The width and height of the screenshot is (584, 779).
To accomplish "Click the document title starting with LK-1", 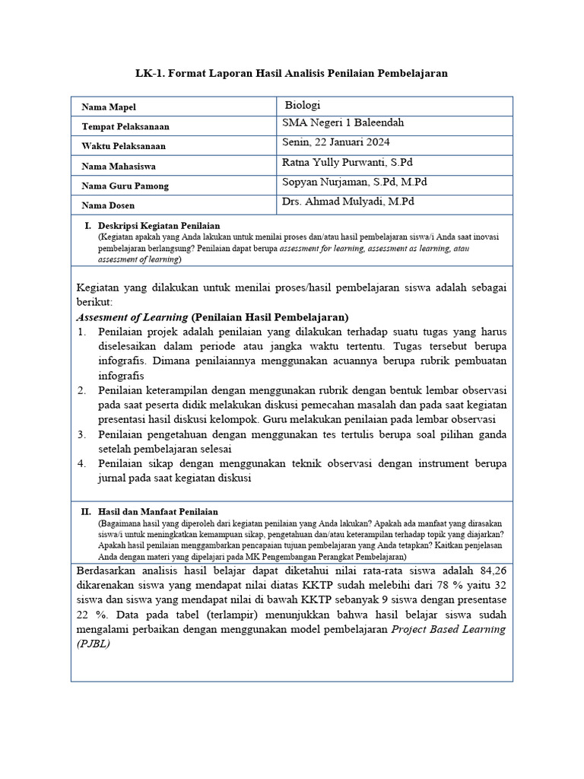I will [x=291, y=73].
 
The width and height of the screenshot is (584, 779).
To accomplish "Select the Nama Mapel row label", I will [x=109, y=107].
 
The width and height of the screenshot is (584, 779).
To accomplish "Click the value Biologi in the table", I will [x=302, y=106].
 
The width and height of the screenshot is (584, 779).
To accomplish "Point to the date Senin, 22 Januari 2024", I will [x=335, y=142].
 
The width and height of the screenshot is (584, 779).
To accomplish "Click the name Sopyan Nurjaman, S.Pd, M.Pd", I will [x=354, y=182].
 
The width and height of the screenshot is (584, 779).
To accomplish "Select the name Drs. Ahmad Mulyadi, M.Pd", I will [x=348, y=202].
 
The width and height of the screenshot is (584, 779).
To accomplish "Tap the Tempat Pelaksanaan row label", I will [x=125, y=127].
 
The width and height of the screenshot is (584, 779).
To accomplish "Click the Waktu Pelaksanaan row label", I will [x=123, y=146].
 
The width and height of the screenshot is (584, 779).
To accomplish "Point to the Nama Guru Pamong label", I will [x=125, y=186].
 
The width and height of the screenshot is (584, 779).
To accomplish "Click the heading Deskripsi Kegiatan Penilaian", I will [x=159, y=226].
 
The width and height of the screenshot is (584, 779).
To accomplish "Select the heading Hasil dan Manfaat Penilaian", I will [x=158, y=512].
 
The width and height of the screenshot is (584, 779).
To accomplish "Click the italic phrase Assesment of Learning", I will [x=132, y=317].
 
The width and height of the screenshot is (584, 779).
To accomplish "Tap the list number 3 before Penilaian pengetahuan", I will [x=81, y=434].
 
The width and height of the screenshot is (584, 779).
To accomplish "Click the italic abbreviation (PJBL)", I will [x=94, y=643].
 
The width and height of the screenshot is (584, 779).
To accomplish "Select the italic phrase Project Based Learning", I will [x=448, y=629].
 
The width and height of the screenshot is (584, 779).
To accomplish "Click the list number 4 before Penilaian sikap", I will [x=81, y=463].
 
